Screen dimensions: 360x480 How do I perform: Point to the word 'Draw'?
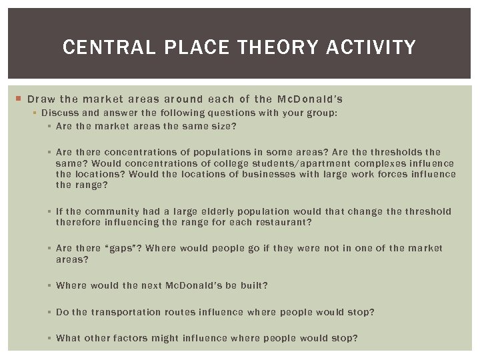41,99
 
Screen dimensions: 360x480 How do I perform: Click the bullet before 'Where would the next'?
50,285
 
